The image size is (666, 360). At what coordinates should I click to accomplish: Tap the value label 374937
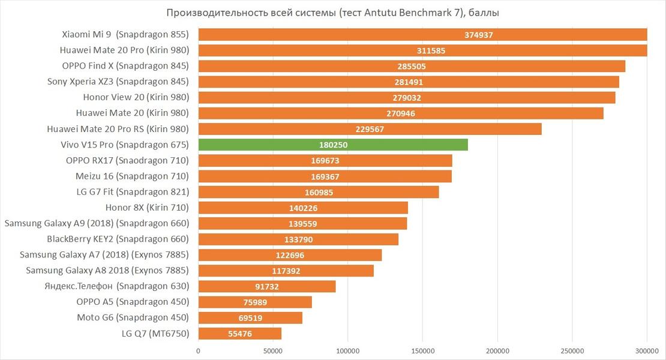click(x=478, y=35)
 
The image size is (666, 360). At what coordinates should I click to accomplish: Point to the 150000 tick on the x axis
click(x=422, y=350)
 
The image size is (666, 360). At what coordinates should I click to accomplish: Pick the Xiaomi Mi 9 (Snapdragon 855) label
click(x=125, y=35)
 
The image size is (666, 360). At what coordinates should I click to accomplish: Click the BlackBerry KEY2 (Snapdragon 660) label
click(x=118, y=239)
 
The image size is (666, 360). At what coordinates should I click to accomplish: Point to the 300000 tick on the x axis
click(x=647, y=350)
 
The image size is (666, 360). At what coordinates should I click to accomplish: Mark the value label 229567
click(x=370, y=129)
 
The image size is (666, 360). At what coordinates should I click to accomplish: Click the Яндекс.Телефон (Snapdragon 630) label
click(x=116, y=286)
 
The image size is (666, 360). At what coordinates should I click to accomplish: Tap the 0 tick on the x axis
click(x=198, y=350)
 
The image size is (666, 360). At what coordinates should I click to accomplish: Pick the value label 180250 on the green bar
click(x=333, y=145)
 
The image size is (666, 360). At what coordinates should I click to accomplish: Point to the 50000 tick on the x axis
click(x=273, y=350)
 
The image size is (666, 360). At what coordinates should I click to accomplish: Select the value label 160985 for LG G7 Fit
click(x=319, y=192)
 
